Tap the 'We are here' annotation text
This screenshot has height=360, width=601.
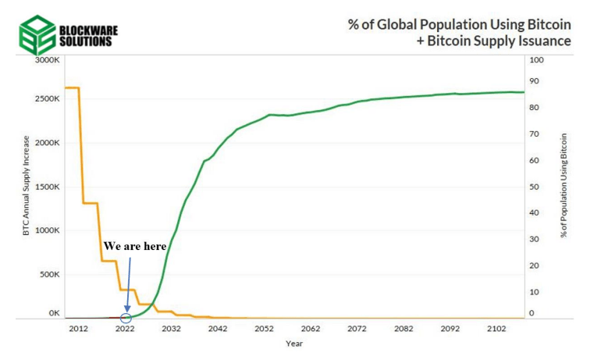(x=135, y=245)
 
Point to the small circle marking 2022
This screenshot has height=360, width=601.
(x=126, y=317)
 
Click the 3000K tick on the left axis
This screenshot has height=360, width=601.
(x=46, y=60)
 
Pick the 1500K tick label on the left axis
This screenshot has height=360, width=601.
(x=46, y=187)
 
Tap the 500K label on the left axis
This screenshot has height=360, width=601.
(x=48, y=274)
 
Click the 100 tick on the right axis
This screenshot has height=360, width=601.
(x=537, y=60)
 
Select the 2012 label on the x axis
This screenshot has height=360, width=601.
(x=78, y=330)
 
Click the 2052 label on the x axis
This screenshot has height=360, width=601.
(x=264, y=330)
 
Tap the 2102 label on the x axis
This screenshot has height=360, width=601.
(x=496, y=330)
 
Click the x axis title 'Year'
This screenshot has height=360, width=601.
(x=294, y=344)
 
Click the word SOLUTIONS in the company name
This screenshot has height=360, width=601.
(x=85, y=41)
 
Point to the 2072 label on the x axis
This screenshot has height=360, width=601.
(x=357, y=330)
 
